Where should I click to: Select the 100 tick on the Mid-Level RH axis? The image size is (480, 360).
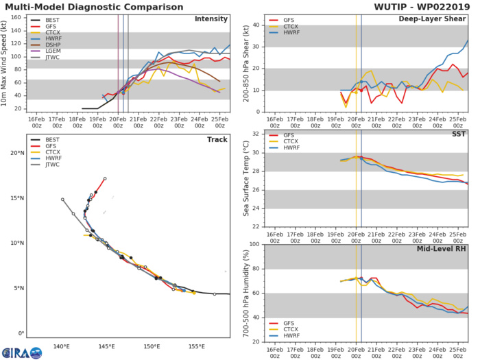[x=252, y=244]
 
